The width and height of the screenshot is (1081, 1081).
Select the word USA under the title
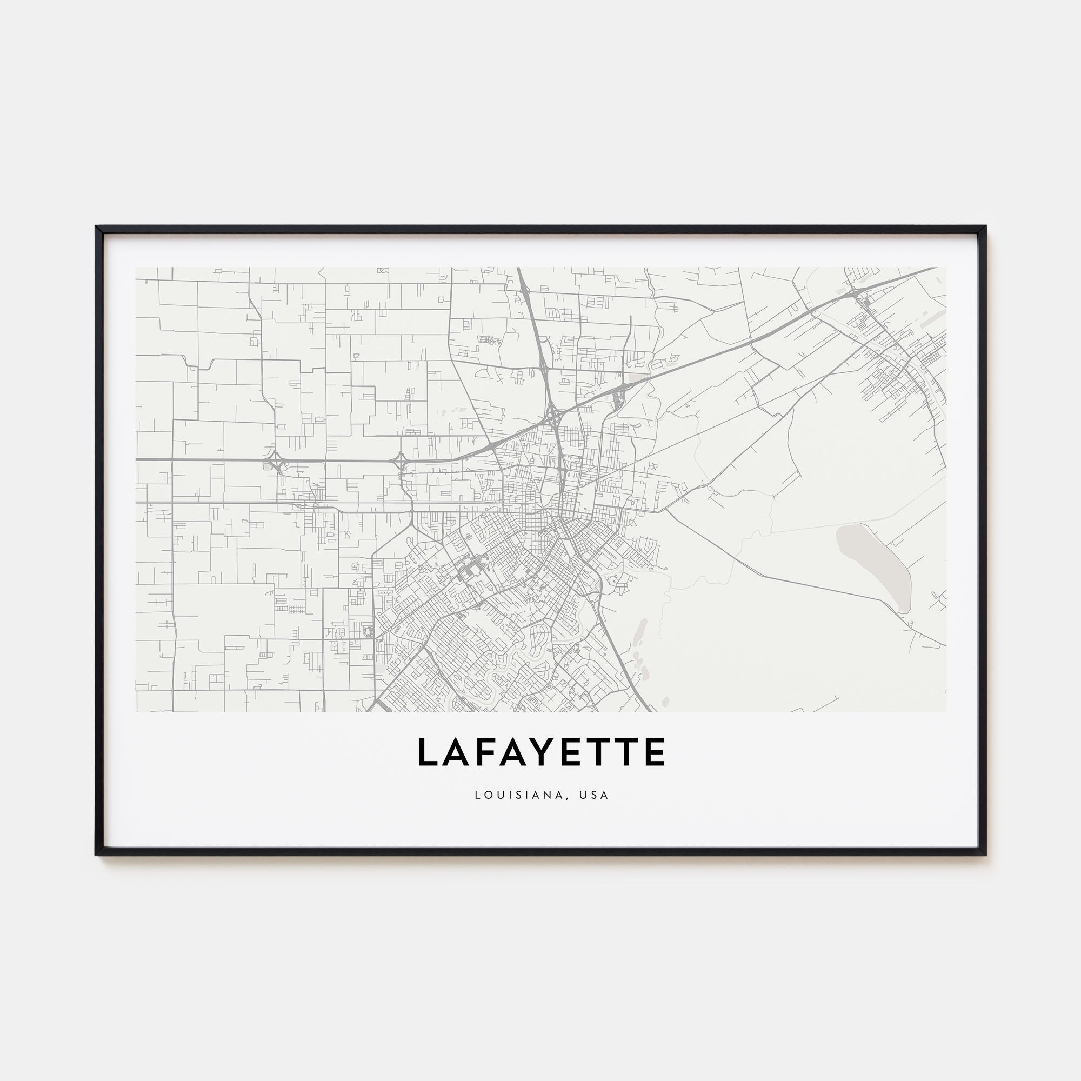pos(594,795)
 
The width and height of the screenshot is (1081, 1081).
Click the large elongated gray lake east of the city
pos(873,565)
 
